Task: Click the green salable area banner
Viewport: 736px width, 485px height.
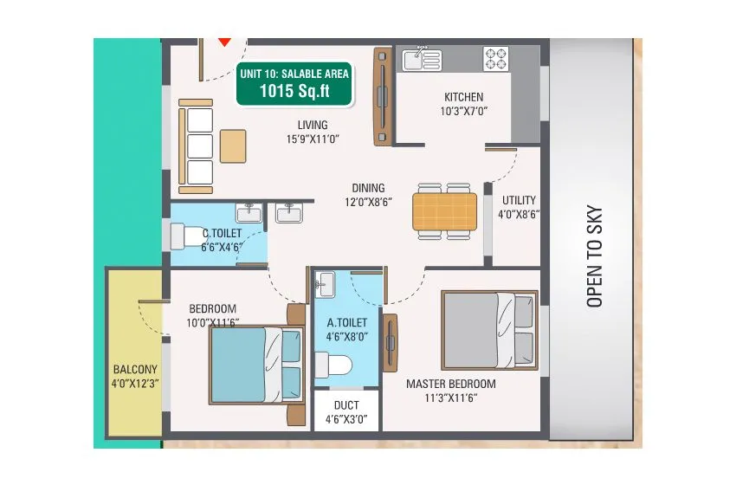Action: click(x=294, y=84)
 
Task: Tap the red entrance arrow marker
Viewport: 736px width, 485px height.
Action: click(x=224, y=40)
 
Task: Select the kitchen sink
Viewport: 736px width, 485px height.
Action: click(x=421, y=60)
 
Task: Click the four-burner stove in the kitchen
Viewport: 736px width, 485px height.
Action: click(x=495, y=58)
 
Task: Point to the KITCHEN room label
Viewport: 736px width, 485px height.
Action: click(x=463, y=97)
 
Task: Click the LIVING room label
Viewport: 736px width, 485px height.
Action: click(x=312, y=125)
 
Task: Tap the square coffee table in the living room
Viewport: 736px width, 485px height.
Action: click(x=232, y=145)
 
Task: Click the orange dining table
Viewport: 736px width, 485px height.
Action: click(x=444, y=210)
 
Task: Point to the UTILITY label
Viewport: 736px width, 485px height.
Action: click(x=518, y=200)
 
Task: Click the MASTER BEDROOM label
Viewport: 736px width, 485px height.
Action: click(x=451, y=384)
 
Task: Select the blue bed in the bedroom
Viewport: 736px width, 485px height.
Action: click(x=255, y=365)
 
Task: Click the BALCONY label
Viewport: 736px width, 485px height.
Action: click(x=134, y=369)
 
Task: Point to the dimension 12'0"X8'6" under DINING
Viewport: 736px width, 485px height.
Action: click(x=368, y=203)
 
